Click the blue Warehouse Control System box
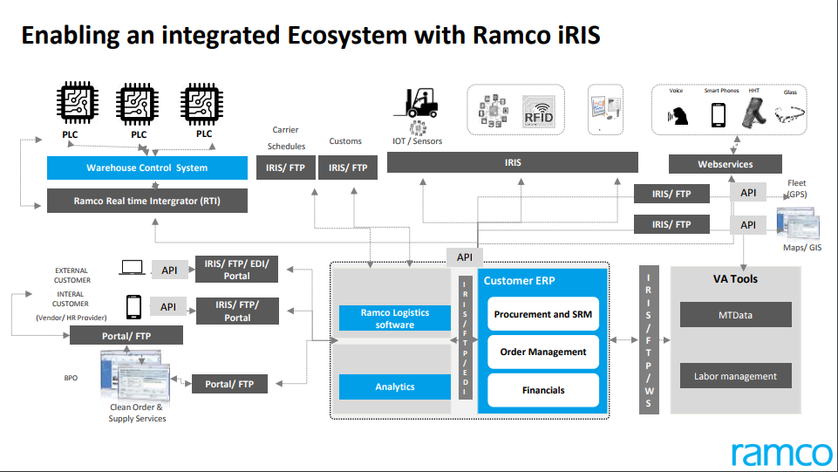point(146,168)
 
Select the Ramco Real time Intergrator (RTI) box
point(146,201)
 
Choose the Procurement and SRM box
point(542,314)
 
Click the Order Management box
point(542,352)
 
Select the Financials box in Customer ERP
point(542,390)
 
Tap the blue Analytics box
point(395,386)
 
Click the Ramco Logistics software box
point(395,318)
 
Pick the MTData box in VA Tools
point(735,315)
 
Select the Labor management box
point(735,376)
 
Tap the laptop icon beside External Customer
point(133,268)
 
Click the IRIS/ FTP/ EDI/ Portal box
point(237,270)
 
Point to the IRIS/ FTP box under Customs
point(347,168)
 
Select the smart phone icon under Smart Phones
point(719,114)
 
